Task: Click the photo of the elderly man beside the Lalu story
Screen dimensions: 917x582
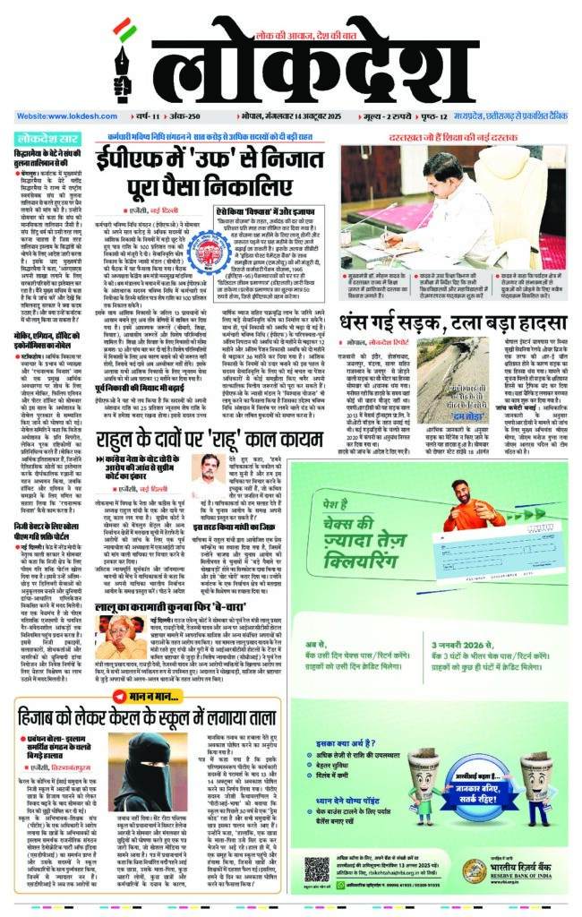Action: tap(121, 617)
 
